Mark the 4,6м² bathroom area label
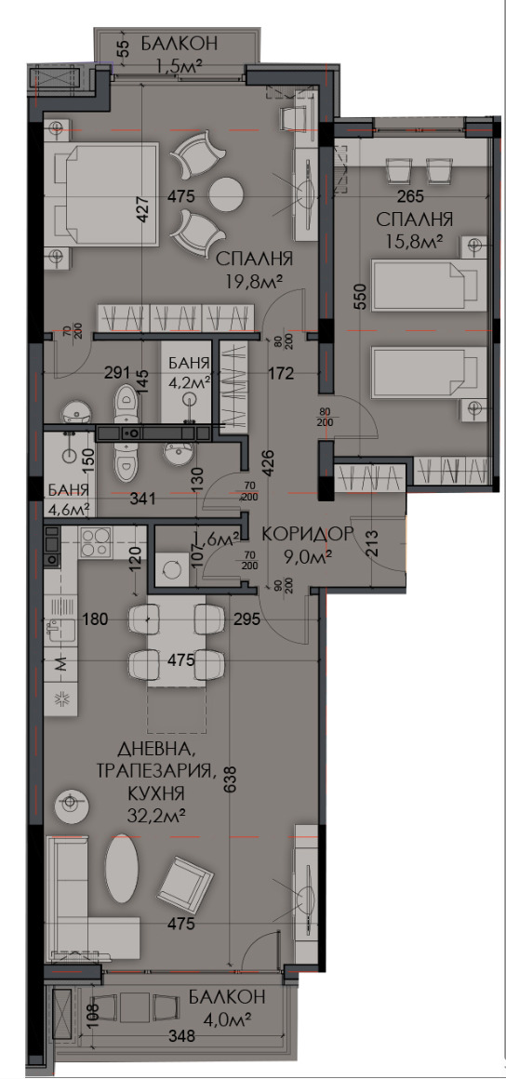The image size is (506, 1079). tap(68, 508)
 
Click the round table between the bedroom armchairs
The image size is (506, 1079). tap(225, 194)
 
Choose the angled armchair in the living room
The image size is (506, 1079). tap(186, 884)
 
